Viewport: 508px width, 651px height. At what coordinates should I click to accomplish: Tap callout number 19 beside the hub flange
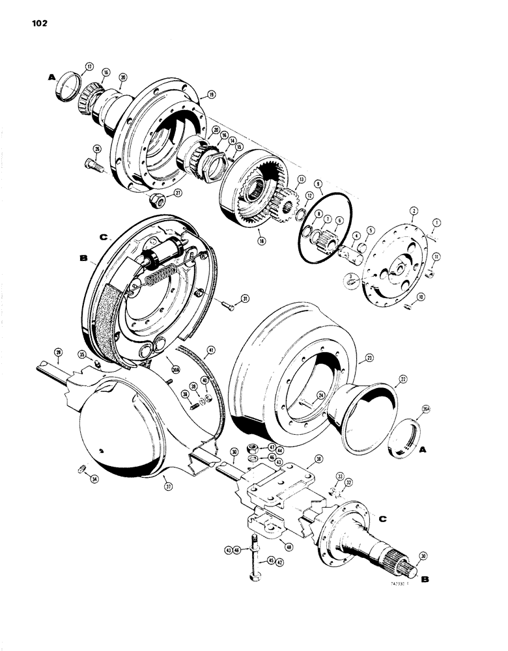click(x=212, y=94)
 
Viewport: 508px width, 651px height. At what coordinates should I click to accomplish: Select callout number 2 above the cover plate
click(x=413, y=212)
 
